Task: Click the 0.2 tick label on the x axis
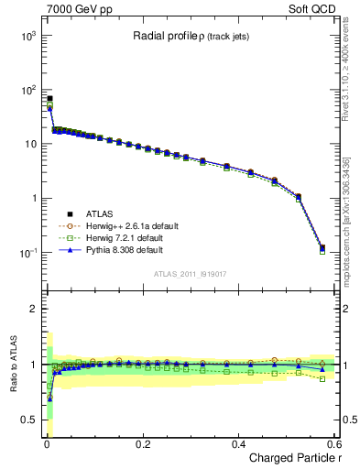click(x=142, y=443)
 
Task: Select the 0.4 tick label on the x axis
click(x=238, y=443)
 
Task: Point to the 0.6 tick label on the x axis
click(x=333, y=443)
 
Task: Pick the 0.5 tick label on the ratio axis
click(x=27, y=420)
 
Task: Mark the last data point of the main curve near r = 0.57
click(x=322, y=247)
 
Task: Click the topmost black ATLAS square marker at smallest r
click(x=49, y=98)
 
